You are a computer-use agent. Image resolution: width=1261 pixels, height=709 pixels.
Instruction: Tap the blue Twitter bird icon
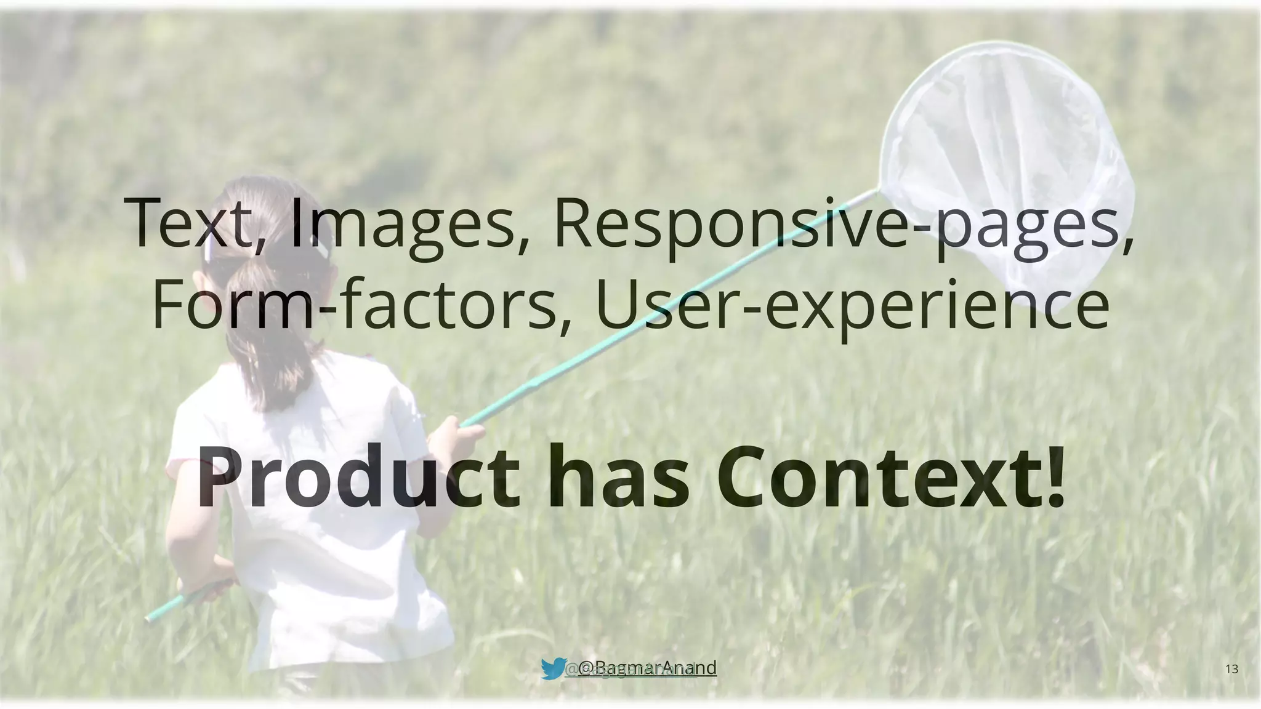(x=553, y=668)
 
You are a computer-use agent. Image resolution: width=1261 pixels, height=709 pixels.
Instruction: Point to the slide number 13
(x=1232, y=669)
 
